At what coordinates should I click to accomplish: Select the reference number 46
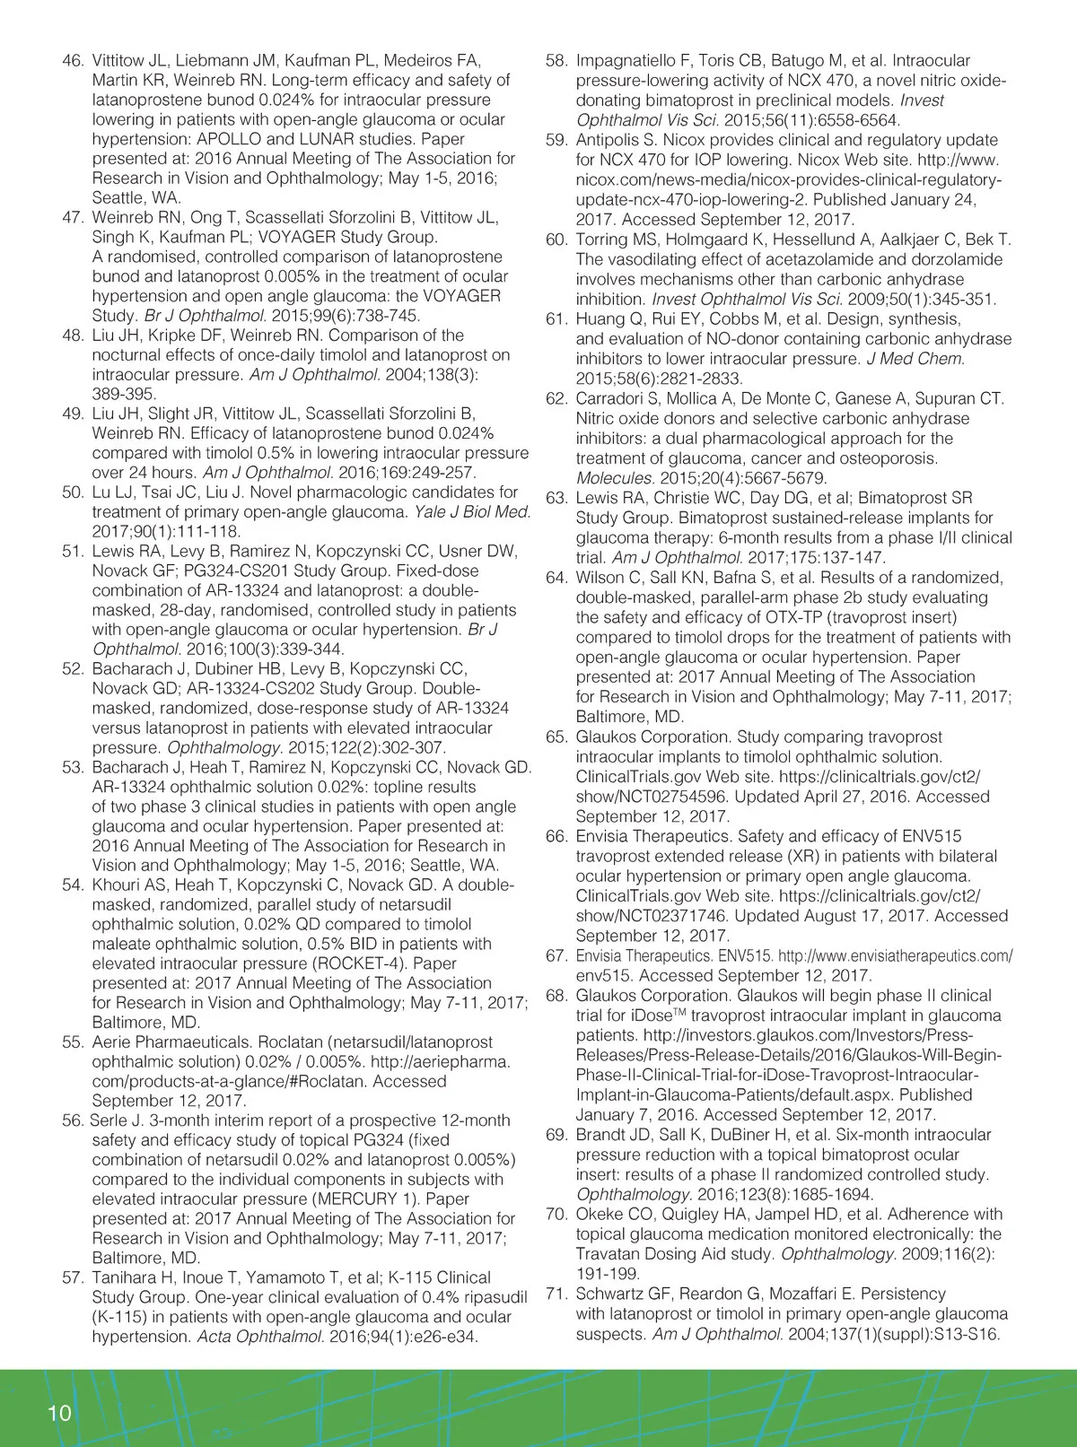73,61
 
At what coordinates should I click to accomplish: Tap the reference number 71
556,1294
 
